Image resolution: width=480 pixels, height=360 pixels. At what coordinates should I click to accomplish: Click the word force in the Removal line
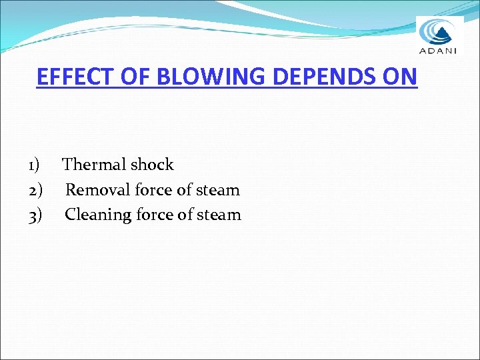coord(153,190)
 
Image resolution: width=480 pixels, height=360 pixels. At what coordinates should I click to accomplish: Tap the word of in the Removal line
coord(184,190)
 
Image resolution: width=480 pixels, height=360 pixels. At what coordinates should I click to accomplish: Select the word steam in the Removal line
coord(217,190)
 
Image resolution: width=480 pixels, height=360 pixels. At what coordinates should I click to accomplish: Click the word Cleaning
coord(98,215)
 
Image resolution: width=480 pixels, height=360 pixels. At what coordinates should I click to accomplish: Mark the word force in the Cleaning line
coord(154,215)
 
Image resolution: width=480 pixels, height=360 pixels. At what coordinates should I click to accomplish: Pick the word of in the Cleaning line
coord(185,215)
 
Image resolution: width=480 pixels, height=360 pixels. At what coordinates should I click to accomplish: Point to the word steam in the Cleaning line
coord(219,215)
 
